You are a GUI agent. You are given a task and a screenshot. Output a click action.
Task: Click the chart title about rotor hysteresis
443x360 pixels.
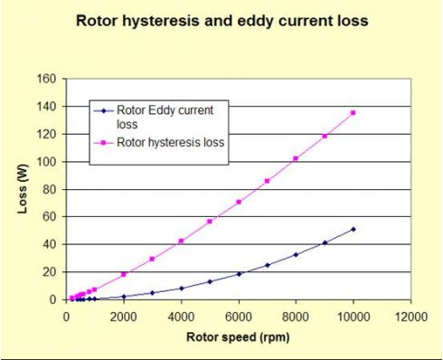[x=222, y=21]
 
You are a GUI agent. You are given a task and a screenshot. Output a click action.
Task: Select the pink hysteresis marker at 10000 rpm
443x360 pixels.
[x=353, y=113]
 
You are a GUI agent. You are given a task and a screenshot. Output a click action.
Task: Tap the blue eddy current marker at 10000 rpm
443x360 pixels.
[x=353, y=229]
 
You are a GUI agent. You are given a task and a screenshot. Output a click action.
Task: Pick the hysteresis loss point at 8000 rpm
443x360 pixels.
[x=296, y=158]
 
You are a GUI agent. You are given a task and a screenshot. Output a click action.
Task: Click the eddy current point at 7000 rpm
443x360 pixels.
[x=267, y=265]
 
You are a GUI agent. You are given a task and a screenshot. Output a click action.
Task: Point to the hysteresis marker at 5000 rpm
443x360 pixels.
[x=210, y=222]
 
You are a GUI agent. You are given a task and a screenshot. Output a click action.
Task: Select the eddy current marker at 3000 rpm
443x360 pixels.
[x=152, y=293]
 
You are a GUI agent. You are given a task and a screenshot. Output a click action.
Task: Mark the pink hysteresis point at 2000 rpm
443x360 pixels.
[x=124, y=274]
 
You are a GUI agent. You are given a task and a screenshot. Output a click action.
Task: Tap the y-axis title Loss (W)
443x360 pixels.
[x=23, y=189]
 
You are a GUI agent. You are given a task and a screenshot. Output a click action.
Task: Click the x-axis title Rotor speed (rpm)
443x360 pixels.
[x=238, y=336]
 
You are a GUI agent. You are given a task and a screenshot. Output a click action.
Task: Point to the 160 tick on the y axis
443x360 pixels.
[x=47, y=79]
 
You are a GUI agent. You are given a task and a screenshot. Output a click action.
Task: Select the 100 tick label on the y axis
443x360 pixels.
[x=47, y=162]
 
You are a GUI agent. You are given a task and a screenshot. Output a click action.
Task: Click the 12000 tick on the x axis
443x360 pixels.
[x=411, y=317]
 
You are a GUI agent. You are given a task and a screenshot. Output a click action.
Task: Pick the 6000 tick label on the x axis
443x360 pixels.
[x=239, y=317]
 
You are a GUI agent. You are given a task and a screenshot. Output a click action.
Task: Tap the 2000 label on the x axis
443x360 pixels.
[x=124, y=317]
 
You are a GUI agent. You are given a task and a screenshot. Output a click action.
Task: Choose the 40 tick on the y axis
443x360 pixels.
[x=50, y=244]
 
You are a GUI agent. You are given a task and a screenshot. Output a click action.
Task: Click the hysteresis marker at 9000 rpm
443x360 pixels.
[x=325, y=136]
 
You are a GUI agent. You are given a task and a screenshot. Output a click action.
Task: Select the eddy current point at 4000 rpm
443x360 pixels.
[x=182, y=289]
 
